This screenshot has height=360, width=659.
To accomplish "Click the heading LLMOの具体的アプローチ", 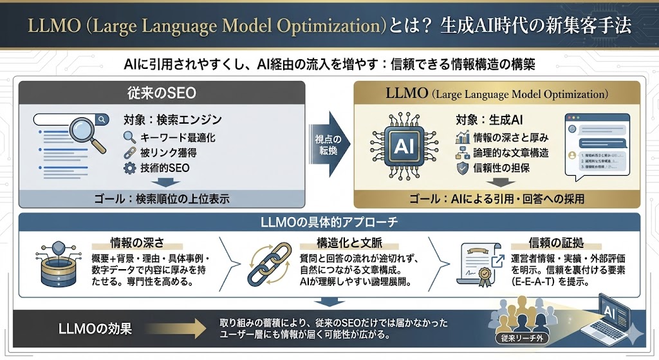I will (x=329, y=223).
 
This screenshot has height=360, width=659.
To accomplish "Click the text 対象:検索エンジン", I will (x=172, y=120).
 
